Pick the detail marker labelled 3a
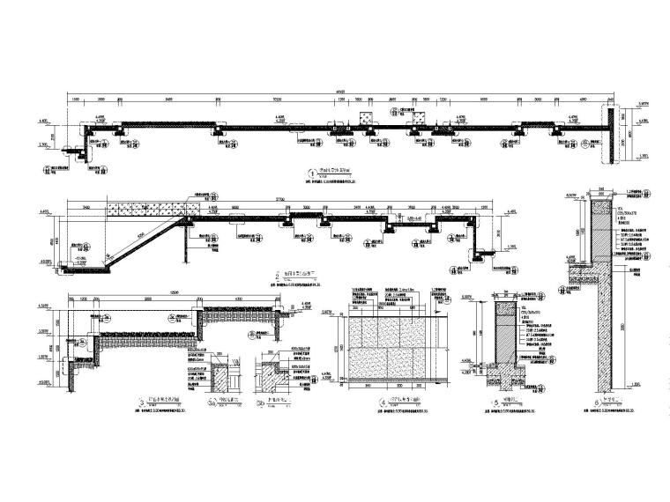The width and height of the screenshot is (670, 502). coord(209,406)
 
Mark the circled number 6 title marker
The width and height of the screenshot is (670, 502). coord(586,406)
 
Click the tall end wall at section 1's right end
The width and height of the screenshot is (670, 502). coord(609,134)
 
